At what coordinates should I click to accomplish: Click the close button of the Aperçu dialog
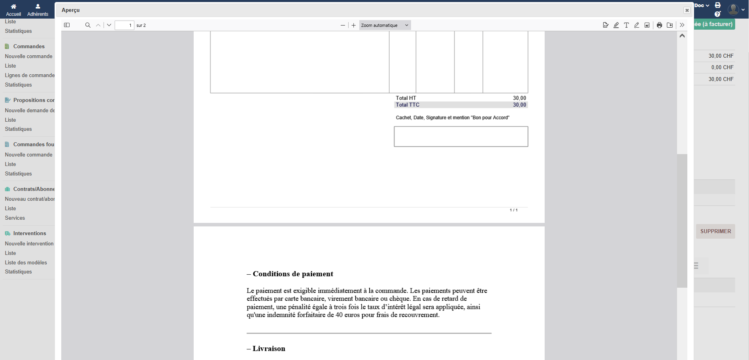(x=687, y=10)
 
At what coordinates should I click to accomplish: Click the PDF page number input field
(x=125, y=25)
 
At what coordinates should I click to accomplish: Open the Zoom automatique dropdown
(x=385, y=25)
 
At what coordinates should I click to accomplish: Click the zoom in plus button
(x=354, y=25)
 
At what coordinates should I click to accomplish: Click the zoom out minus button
(x=343, y=25)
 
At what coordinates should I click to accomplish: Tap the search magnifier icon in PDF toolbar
(x=88, y=25)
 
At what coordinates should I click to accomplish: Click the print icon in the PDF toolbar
(x=659, y=25)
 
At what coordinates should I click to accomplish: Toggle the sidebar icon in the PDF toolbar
(x=67, y=25)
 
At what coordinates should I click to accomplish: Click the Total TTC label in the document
(x=408, y=105)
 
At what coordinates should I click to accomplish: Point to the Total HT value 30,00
(x=519, y=98)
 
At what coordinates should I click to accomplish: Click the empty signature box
(x=461, y=136)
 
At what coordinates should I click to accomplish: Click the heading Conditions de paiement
(x=292, y=274)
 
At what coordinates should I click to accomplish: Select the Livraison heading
(x=269, y=349)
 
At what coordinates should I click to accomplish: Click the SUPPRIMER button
(x=715, y=231)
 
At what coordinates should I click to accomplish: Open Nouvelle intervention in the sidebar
(x=29, y=243)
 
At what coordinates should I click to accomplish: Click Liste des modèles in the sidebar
(x=26, y=262)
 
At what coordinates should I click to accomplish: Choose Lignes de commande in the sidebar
(x=30, y=75)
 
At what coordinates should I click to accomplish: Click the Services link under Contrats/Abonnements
(x=15, y=218)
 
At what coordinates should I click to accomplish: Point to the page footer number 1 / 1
(x=513, y=210)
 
